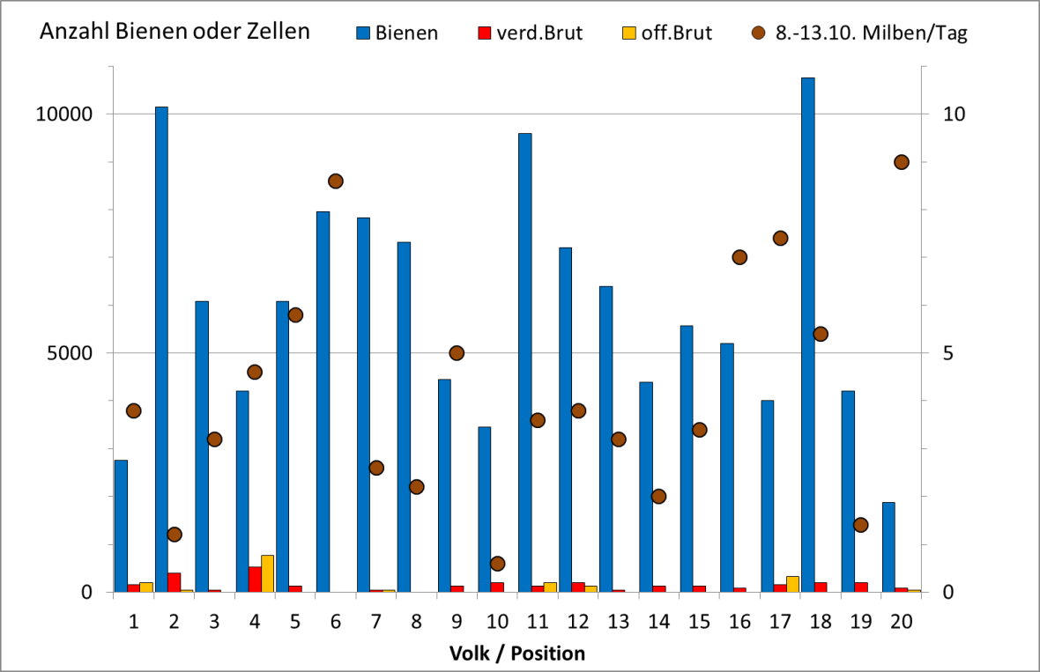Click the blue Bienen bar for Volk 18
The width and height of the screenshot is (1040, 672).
click(x=807, y=335)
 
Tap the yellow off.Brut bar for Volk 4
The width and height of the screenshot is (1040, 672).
click(x=267, y=573)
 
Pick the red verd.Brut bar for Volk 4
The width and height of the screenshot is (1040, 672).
click(x=255, y=579)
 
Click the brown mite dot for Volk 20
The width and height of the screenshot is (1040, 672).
click(x=902, y=162)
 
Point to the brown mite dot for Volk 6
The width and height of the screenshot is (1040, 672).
click(x=336, y=181)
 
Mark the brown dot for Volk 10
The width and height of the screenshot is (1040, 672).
click(x=497, y=564)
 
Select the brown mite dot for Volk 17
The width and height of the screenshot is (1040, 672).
click(x=780, y=239)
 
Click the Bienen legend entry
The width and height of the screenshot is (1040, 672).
click(x=397, y=33)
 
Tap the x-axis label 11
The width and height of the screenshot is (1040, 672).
click(x=538, y=622)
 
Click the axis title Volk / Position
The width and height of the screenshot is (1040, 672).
click(x=517, y=654)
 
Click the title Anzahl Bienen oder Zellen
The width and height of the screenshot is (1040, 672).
click(x=174, y=32)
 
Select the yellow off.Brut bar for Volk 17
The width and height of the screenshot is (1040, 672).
click(x=792, y=584)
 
